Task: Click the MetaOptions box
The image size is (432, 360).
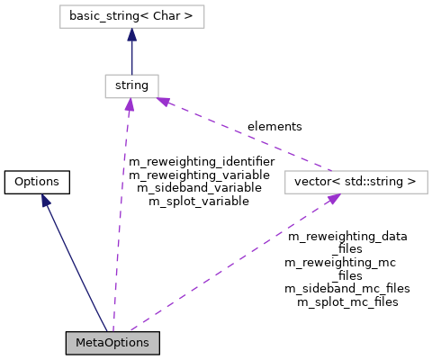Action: coord(112,343)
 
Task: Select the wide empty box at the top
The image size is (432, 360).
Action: coord(132,16)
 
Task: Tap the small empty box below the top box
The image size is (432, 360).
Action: coord(131,86)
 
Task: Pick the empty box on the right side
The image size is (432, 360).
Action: coord(356,182)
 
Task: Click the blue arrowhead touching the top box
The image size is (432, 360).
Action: coord(131,34)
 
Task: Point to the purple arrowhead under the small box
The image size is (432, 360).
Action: coord(130,105)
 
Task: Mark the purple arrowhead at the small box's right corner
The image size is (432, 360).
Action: coord(164,101)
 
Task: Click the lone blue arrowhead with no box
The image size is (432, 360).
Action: coord(45,201)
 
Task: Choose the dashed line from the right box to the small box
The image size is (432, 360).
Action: coord(247,135)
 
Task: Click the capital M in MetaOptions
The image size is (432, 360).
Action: coord(80,343)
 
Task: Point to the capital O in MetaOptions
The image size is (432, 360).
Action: coord(111,343)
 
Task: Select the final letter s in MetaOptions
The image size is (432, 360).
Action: coord(146,343)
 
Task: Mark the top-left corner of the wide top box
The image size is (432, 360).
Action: coord(60,5)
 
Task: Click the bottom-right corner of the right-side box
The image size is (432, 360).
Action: coord(427,193)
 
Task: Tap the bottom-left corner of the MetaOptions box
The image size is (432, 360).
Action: coord(67,353)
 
